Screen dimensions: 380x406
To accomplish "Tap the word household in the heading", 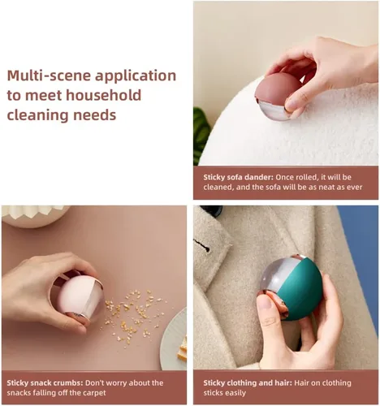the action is pos(103,95).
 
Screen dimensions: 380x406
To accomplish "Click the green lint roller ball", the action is pos(290,287).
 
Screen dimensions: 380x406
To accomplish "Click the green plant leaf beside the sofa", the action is pos(201,136).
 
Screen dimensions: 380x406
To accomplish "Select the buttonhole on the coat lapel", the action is pos(202,244).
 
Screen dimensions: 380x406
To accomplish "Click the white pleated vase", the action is pos(34,216).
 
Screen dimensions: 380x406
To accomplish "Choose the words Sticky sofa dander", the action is pos(238,177).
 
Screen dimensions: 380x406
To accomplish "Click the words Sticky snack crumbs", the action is pos(45,383).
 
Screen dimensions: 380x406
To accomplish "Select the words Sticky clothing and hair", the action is pos(248,383).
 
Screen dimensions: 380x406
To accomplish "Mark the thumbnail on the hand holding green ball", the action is pos(265,302).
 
